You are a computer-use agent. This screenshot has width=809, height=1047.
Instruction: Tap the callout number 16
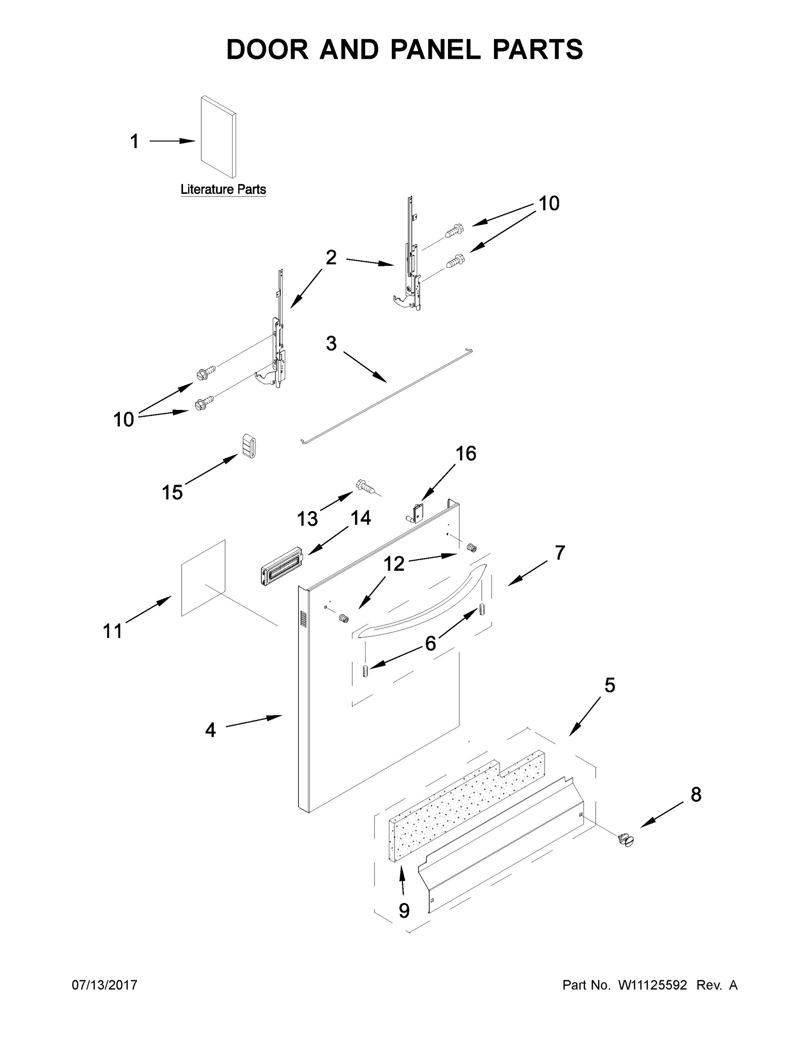coord(466,453)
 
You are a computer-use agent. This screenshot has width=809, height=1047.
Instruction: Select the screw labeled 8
coord(626,839)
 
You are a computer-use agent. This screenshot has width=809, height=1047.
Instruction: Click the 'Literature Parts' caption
coord(223,190)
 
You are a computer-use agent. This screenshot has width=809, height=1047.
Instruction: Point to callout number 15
coord(172,492)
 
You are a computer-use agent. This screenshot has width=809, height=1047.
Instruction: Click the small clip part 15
coord(248,446)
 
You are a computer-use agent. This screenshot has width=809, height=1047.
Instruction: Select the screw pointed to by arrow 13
coord(366,486)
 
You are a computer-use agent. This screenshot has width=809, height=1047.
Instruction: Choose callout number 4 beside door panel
coord(210,730)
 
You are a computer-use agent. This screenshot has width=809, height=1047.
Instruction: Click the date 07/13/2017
coord(105,985)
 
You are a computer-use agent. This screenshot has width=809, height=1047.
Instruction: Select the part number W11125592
coord(651,985)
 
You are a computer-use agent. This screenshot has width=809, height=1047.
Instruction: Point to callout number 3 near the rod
coord(331,344)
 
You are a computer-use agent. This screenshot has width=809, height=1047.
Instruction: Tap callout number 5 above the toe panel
coord(610,686)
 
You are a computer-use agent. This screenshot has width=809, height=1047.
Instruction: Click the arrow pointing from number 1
coord(172,142)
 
